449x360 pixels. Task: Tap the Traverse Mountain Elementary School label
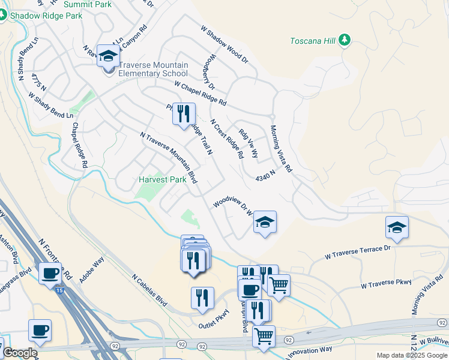click(x=153, y=70)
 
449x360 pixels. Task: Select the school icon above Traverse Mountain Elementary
click(x=108, y=56)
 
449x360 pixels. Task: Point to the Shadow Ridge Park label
click(x=45, y=16)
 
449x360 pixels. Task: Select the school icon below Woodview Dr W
click(x=264, y=222)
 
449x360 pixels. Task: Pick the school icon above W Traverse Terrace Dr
click(x=396, y=227)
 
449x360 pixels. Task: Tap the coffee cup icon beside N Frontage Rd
click(x=50, y=274)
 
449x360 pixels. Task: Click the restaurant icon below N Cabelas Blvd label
click(x=202, y=298)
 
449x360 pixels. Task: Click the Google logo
click(x=20, y=353)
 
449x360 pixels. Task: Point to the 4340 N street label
click(x=265, y=175)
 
